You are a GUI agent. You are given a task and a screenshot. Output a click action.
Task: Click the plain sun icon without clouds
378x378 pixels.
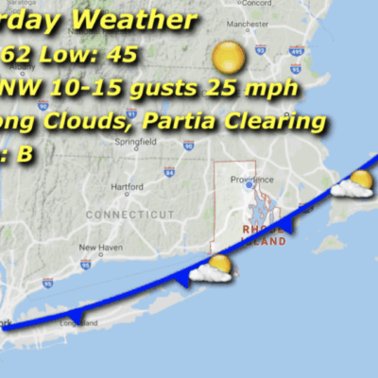229,58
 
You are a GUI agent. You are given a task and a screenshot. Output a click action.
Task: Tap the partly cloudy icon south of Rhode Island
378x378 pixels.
213,269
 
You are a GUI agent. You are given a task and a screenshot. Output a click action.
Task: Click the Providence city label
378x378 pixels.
252,180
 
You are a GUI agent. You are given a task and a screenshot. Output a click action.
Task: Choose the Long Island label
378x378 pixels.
78,323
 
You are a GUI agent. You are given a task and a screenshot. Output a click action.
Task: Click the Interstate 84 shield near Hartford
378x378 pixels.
168,172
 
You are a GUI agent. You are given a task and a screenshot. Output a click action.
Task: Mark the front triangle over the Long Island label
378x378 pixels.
77,316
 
